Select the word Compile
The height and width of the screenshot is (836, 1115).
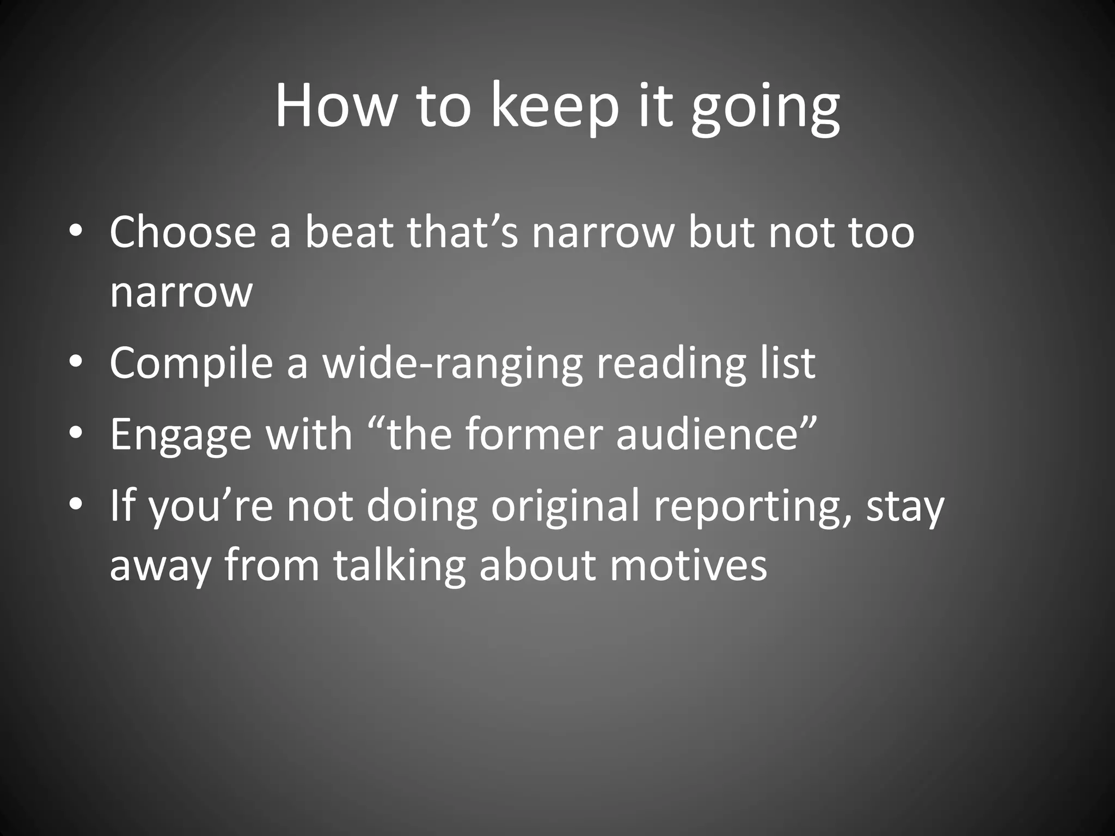(191, 364)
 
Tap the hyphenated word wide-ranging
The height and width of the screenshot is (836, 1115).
(452, 364)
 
